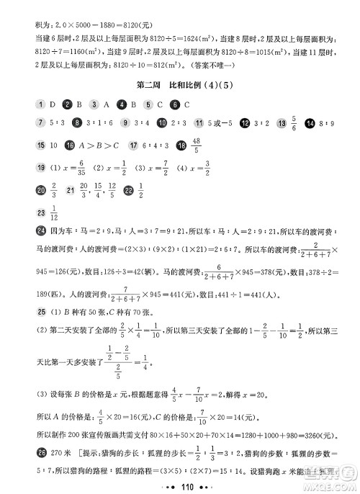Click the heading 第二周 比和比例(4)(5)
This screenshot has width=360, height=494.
[180, 86]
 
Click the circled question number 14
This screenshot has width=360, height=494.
[310, 123]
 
